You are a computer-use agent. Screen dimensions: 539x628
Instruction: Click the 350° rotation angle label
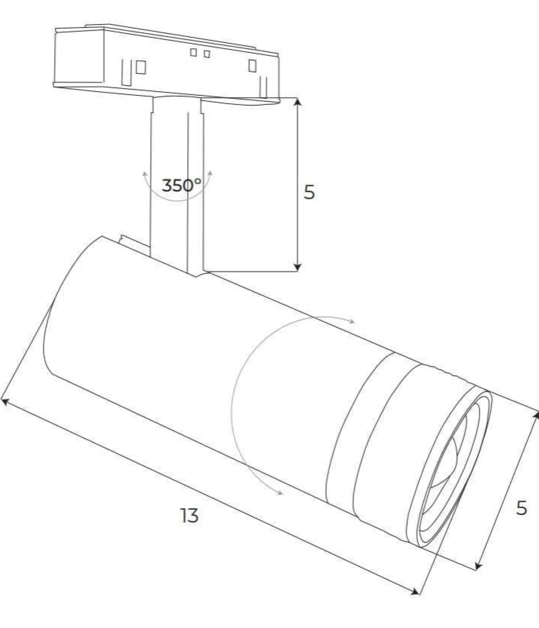tap(181, 185)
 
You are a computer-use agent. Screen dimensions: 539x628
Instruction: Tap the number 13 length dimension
tap(189, 515)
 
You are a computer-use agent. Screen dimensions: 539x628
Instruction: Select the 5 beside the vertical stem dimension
tap(309, 192)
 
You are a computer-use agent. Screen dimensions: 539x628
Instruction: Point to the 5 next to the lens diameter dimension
tap(521, 508)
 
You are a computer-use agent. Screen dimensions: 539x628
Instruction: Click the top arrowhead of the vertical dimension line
tap(297, 102)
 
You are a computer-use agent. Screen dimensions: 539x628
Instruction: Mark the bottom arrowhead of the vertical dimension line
tap(297, 267)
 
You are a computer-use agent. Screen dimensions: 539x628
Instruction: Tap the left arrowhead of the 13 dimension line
tap(5, 401)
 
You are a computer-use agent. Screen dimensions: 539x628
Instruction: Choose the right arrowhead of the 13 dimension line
tap(415, 591)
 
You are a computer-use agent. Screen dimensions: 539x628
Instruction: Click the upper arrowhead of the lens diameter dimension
tap(535, 416)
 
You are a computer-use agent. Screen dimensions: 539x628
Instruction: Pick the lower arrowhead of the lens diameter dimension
tap(479, 565)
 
